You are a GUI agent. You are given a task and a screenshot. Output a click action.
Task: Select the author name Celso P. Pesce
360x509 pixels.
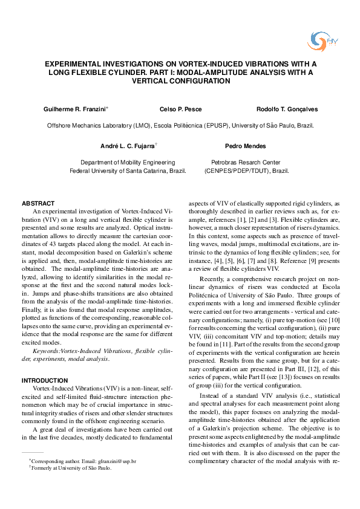coord(180,109)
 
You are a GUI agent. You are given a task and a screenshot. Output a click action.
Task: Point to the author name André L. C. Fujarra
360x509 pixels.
coord(128,146)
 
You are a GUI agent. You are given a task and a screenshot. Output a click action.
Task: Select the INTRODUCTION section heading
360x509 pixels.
coord(45,380)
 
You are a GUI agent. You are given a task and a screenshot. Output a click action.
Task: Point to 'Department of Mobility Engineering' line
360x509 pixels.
coord(128,163)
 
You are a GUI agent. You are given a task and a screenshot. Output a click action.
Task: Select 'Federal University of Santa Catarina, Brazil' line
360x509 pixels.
coord(128,171)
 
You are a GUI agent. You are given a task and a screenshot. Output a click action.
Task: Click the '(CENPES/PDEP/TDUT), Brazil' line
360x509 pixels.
coord(247,171)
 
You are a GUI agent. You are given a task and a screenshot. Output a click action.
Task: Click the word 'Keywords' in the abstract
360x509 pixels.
coord(45,351)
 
